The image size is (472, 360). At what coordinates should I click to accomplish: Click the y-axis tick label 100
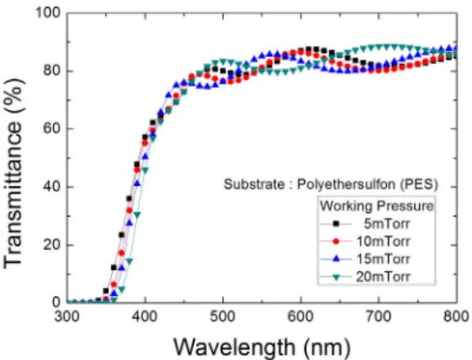(x=48, y=13)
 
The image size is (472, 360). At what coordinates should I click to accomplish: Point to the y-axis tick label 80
(x=52, y=71)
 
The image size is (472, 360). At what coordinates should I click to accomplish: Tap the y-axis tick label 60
(x=52, y=129)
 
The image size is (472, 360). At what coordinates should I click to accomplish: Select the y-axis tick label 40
(x=52, y=187)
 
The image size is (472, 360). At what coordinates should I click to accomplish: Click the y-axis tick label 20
(x=52, y=245)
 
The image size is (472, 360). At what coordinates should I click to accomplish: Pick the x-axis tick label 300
(x=67, y=316)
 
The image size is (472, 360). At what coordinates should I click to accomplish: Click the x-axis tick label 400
(x=145, y=316)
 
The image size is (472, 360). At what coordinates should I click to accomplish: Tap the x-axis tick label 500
(x=223, y=316)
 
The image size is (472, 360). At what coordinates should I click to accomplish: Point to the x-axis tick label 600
(x=300, y=316)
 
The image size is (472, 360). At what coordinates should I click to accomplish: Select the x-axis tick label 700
(x=379, y=316)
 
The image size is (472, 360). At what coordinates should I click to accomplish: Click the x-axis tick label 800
(x=457, y=316)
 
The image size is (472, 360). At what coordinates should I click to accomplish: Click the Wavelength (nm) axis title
(x=262, y=347)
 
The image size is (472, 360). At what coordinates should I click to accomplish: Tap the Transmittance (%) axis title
(x=13, y=173)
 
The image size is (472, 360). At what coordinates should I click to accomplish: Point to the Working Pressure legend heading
(x=376, y=206)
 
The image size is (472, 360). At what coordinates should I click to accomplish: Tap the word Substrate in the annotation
(x=254, y=184)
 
